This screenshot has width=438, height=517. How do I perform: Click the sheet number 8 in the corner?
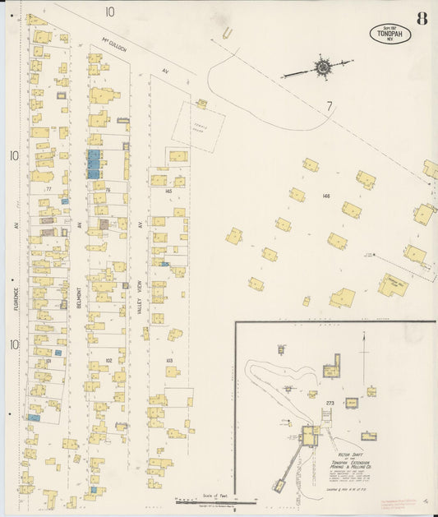coord(421,18)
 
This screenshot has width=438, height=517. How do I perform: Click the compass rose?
coord(321,67)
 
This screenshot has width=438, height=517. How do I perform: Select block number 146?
coord(326,196)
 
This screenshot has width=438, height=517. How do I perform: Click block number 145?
coord(168,191)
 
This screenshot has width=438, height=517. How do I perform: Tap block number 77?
coord(49,189)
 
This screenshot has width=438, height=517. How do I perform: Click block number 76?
coord(107,189)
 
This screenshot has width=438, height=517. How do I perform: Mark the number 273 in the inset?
coord(330,402)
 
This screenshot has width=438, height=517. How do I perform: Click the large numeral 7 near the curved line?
coord(329,106)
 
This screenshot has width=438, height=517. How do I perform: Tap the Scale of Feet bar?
coord(215,499)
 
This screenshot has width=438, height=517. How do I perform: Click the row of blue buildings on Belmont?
coord(94,164)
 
